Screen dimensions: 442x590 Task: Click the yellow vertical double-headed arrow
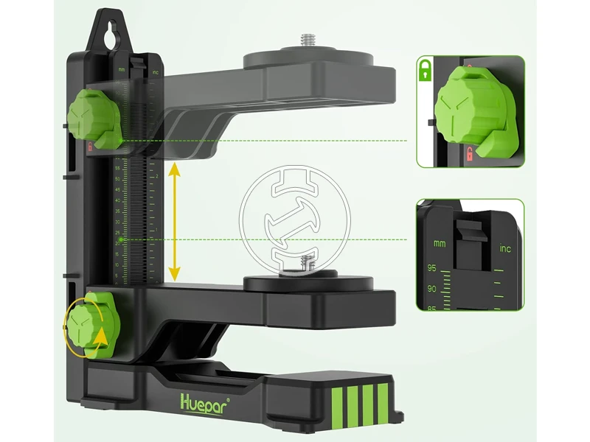pos(174,221)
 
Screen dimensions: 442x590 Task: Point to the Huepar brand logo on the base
pos(204,402)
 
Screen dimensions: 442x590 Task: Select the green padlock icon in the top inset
pos(424,71)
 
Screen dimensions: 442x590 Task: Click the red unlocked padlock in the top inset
pos(468,154)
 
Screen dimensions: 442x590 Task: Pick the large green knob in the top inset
pos(471,106)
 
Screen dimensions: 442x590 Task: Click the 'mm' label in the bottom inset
pos(440,243)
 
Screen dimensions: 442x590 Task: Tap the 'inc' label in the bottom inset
pos(505,249)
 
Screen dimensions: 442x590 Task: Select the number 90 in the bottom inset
pos(432,290)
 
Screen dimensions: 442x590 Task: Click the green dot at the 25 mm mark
pos(122,239)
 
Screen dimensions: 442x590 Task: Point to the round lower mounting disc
pos(310,282)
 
